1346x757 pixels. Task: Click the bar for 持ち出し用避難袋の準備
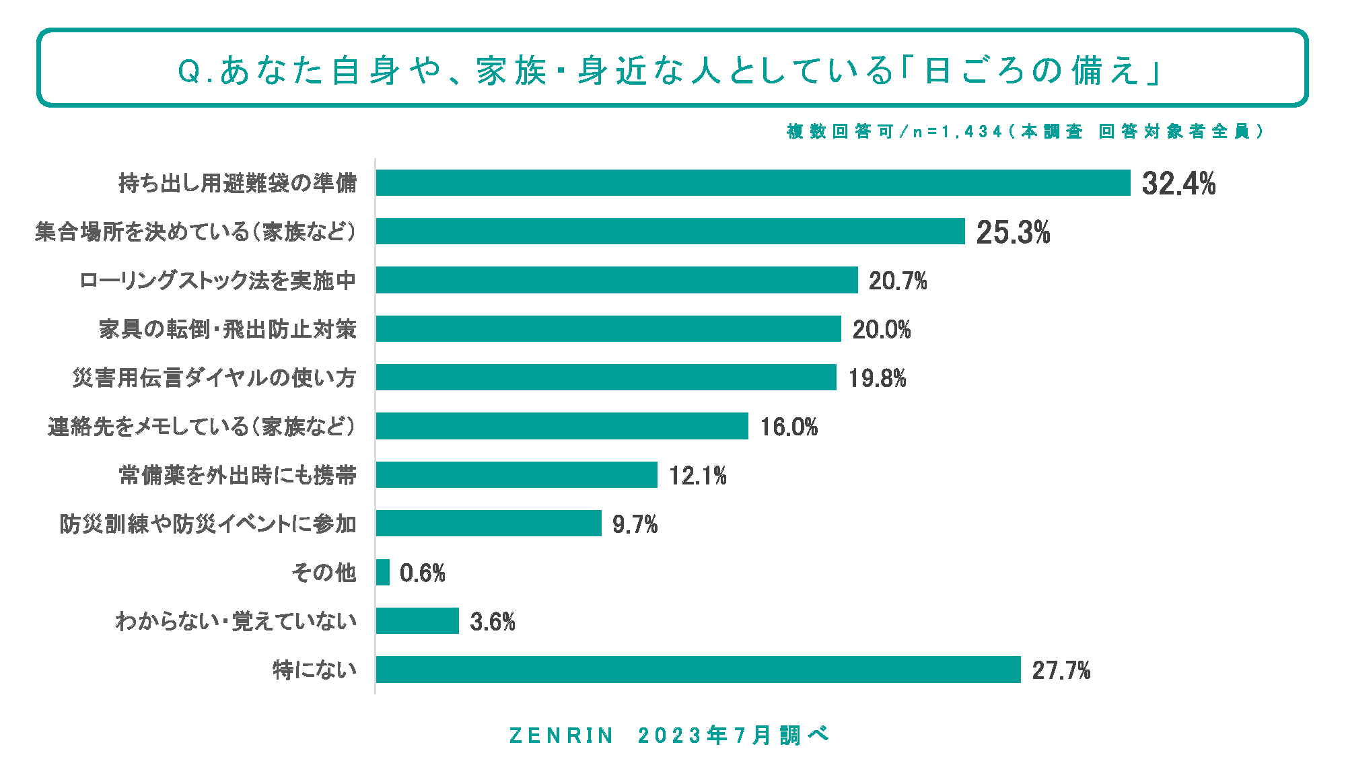pyautogui.click(x=752, y=183)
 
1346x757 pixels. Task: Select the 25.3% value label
pyautogui.click(x=1013, y=232)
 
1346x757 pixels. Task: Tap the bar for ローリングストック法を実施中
pyautogui.click(x=616, y=280)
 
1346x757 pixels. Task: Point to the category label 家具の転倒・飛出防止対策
pyautogui.click(x=227, y=329)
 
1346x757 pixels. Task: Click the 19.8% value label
pyautogui.click(x=877, y=378)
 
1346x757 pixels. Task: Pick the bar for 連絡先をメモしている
pyautogui.click(x=562, y=426)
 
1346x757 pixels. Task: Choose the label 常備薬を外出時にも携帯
pyautogui.click(x=238, y=475)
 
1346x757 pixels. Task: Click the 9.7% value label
pyautogui.click(x=635, y=524)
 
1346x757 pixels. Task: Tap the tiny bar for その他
pyautogui.click(x=383, y=572)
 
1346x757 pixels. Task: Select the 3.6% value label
pyautogui.click(x=492, y=622)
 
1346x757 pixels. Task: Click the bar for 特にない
pyautogui.click(x=698, y=670)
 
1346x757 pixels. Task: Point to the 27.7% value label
pyautogui.click(x=1061, y=671)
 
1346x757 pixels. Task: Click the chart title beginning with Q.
pyautogui.click(x=670, y=70)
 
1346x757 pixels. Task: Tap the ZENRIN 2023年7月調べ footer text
pyautogui.click(x=669, y=735)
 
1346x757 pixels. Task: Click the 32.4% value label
pyautogui.click(x=1178, y=184)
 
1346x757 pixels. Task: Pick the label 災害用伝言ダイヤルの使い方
pyautogui.click(x=214, y=377)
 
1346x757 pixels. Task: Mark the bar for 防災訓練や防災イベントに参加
pyautogui.click(x=489, y=523)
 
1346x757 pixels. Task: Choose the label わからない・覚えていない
pyautogui.click(x=236, y=620)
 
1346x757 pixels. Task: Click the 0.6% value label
pyautogui.click(x=422, y=573)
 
